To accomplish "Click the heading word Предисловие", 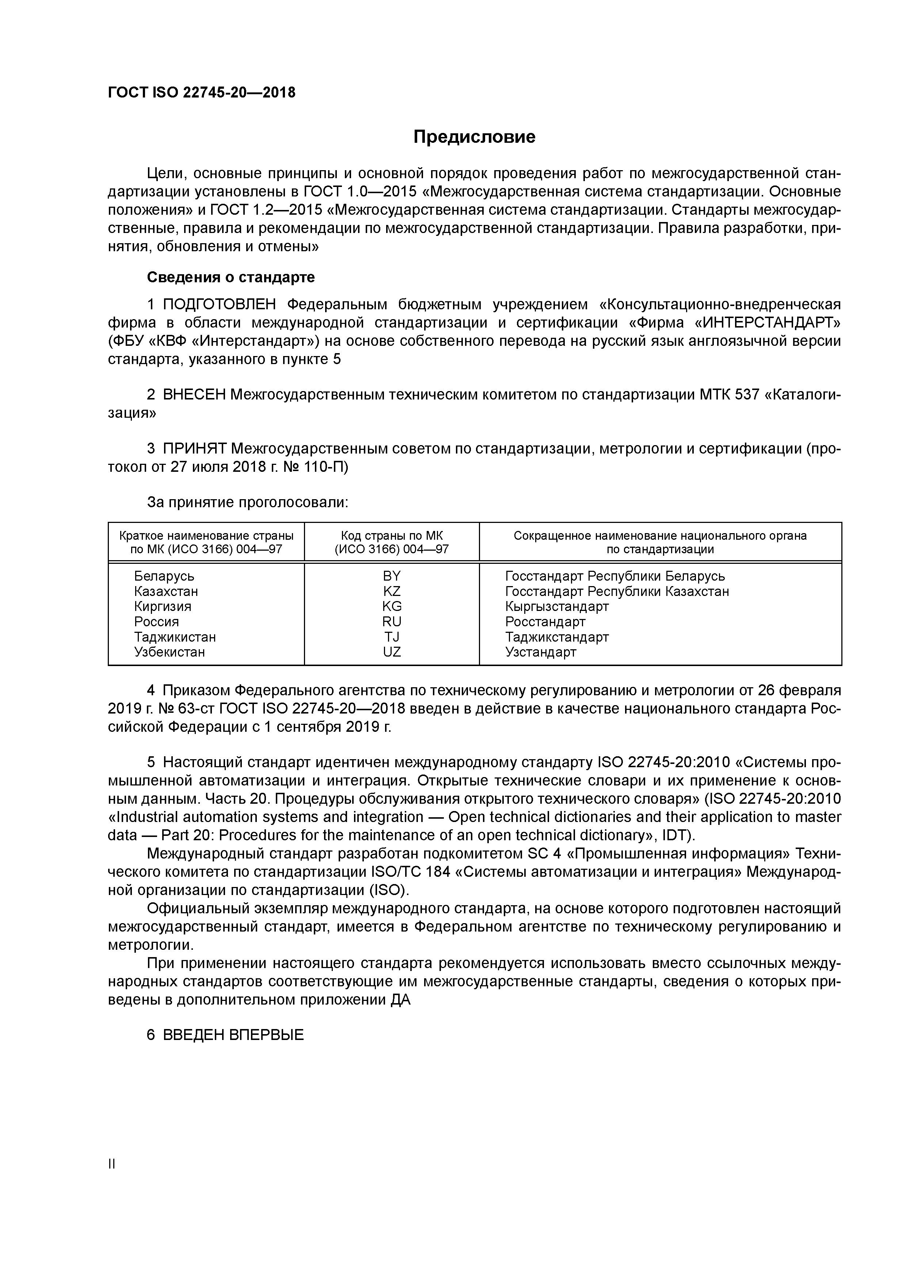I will click(x=474, y=137).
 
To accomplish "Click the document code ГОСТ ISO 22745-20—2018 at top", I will click(x=202, y=93).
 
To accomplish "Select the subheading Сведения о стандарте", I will click(x=231, y=277).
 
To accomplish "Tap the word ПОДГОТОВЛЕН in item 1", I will click(x=220, y=305).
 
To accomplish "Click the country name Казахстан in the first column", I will click(x=166, y=592).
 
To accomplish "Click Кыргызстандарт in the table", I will click(x=556, y=607).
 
